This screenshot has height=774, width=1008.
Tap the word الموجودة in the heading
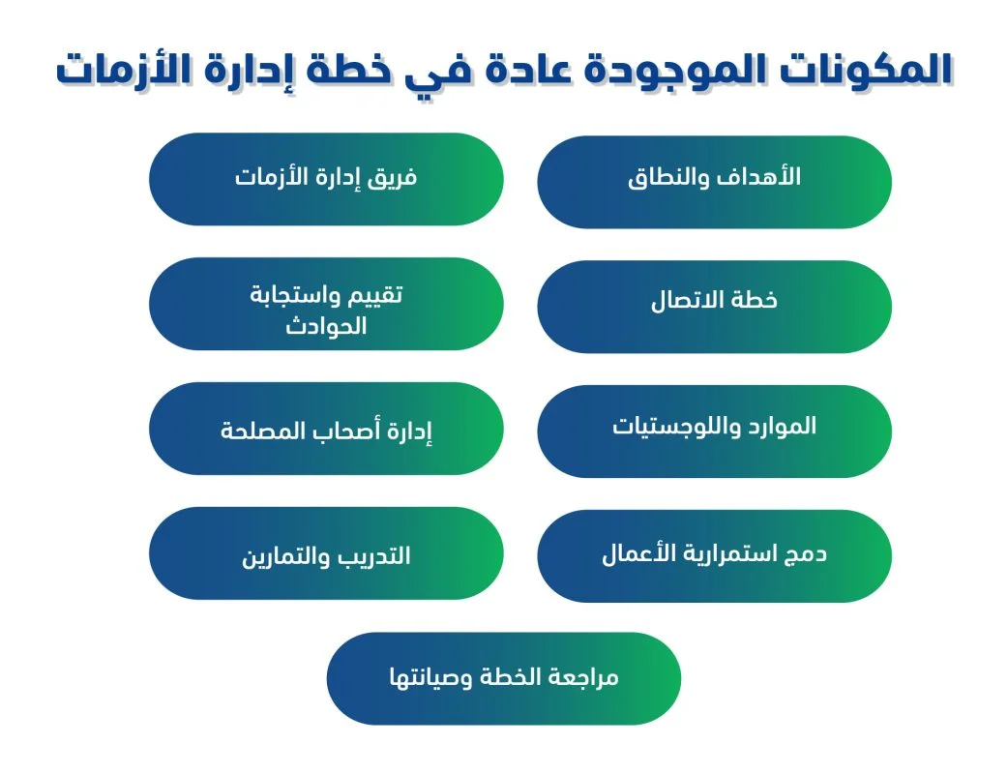[663, 70]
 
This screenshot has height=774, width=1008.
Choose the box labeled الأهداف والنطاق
[714, 182]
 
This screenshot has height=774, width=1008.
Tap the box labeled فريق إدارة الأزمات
[326, 179]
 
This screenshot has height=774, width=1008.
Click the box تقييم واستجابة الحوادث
[326, 304]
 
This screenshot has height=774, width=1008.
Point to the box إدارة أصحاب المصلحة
[326, 429]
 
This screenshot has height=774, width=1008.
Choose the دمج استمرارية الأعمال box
[714, 555]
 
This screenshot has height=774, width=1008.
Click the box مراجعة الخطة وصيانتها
[503, 678]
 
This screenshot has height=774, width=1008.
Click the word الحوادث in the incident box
[326, 326]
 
